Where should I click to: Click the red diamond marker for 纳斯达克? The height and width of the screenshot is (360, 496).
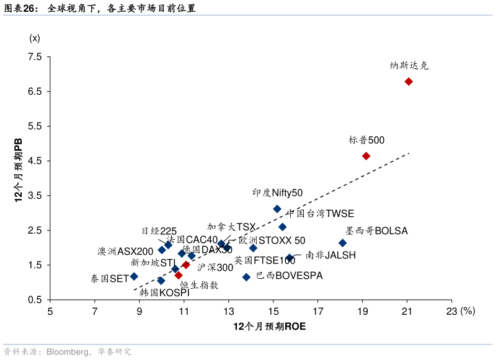tap(409, 82)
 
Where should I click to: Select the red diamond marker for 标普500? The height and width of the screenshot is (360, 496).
tap(366, 156)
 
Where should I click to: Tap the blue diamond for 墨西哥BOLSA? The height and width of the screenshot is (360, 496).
tap(342, 243)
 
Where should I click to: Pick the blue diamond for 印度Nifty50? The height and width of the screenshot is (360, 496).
tap(277, 209)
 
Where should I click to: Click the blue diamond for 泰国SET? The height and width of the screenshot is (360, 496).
tap(134, 276)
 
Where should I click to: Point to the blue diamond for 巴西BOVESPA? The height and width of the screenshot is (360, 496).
tap(246, 277)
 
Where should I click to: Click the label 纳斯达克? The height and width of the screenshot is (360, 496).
tap(409, 65)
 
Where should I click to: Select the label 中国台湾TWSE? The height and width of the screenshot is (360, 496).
tap(320, 214)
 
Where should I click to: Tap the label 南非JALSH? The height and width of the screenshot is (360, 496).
tap(330, 255)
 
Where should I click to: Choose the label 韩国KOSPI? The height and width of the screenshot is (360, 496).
tap(164, 292)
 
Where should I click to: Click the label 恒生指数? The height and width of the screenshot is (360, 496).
tap(199, 285)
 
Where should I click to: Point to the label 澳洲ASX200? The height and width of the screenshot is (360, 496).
tap(125, 251)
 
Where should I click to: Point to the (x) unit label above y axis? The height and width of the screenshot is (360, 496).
tap(35, 38)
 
